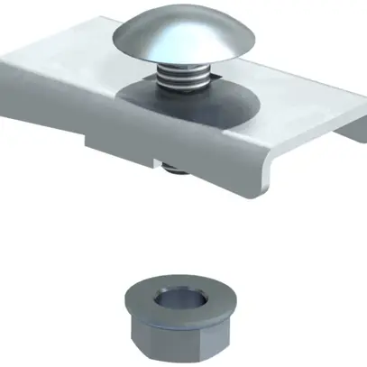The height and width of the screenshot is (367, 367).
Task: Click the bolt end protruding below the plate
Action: pyautogui.click(x=172, y=166)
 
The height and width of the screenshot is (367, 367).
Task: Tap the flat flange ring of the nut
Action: pyautogui.click(x=144, y=298)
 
